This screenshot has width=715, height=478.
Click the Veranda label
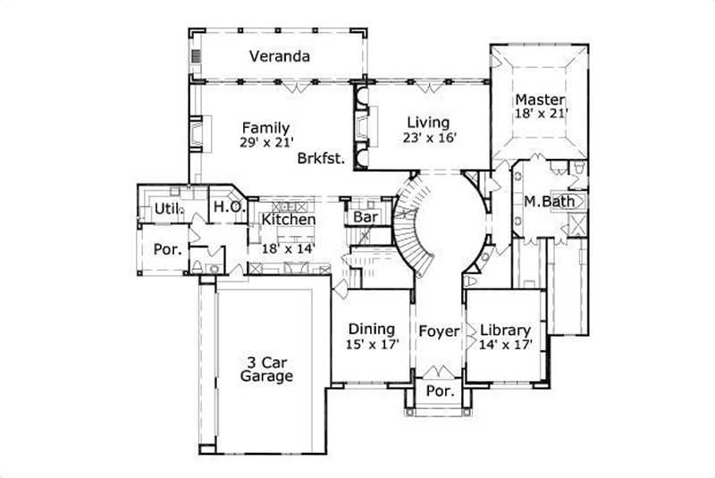tap(280, 57)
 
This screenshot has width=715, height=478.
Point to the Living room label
tap(428, 122)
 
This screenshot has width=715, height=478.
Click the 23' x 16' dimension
tap(429, 138)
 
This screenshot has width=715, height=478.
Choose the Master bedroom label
tap(540, 98)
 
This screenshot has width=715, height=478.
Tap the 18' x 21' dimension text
tap(541, 113)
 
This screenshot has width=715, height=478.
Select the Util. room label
tap(167, 208)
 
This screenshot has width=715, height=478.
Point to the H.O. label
tap(224, 207)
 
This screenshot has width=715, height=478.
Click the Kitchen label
tap(288, 220)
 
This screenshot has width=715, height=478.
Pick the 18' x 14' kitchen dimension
tap(288, 249)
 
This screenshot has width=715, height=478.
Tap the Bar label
tap(364, 217)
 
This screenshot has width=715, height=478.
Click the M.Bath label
tap(549, 201)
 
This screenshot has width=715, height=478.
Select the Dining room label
tap(372, 328)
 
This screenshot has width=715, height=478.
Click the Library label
tap(506, 329)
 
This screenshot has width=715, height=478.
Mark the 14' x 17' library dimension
tap(506, 344)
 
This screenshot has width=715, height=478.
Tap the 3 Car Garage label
tap(266, 370)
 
